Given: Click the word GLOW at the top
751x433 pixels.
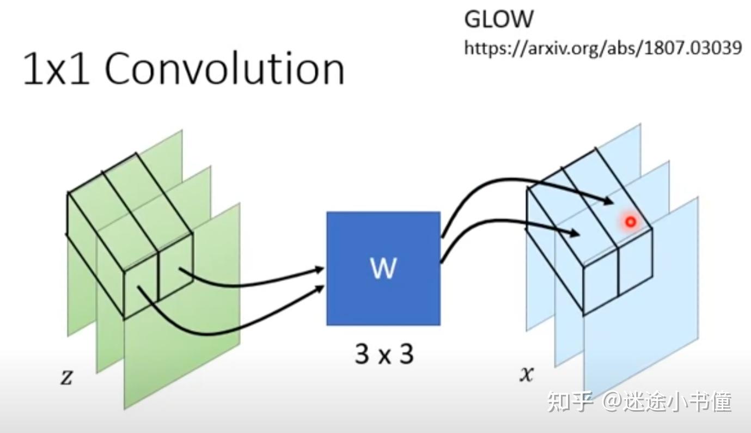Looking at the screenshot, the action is click(498, 19).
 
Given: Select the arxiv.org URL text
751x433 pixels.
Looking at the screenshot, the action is click(602, 48).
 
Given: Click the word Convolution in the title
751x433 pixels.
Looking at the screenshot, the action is click(224, 69).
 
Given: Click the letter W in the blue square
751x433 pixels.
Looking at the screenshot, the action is click(383, 268).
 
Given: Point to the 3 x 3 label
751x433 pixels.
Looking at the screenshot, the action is click(384, 354).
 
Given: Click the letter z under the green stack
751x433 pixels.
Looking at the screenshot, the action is click(66, 377).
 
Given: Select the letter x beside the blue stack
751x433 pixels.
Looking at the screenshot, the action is click(526, 374).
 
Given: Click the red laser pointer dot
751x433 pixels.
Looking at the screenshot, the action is click(631, 222).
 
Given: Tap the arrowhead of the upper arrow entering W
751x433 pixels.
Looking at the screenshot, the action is click(320, 269).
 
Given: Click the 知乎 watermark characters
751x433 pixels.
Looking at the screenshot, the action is click(570, 401).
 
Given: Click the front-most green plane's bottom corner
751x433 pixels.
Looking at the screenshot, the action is click(126, 407).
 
